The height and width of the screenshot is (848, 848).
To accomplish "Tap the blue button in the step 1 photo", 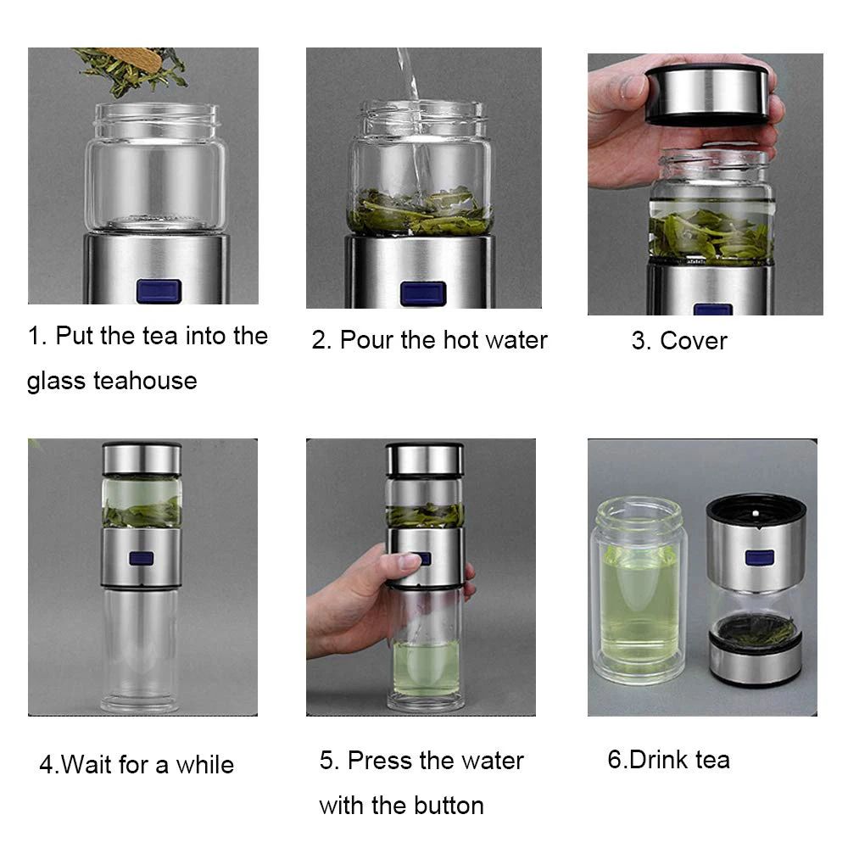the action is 159,291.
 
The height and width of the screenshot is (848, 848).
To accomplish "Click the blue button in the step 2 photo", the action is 423,293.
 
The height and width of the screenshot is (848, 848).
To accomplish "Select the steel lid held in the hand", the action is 707,94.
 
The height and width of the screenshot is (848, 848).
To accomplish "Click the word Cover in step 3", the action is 694,341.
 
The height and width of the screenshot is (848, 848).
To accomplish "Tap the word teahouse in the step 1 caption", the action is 145,381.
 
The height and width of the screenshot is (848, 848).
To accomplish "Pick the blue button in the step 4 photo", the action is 141,558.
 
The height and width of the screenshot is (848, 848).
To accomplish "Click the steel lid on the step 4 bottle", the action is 142,459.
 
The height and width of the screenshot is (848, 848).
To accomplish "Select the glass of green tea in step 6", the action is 639,590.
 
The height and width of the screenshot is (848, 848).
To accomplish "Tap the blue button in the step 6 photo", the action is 759,558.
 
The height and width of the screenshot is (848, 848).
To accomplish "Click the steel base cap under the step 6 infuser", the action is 755,659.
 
